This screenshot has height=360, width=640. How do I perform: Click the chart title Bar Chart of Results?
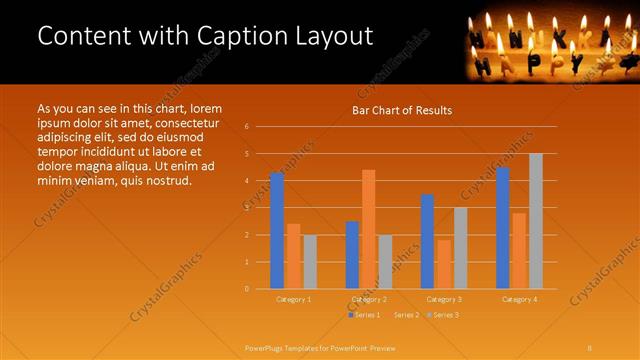pos(402,110)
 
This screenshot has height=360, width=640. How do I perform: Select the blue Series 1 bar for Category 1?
pos(277,230)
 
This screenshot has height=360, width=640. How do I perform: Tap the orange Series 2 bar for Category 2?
pos(369,229)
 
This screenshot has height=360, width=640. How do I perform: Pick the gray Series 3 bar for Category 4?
pos(536,221)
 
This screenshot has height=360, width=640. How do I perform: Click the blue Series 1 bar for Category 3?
pos(428,241)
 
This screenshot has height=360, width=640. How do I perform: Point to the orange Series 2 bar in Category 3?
pos(444,264)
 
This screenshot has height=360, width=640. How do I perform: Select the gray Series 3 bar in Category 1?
pos(310,262)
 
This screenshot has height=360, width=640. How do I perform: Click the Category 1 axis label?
pos(293,299)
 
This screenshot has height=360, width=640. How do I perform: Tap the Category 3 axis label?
pos(444,299)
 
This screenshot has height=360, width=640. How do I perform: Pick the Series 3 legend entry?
pos(443,315)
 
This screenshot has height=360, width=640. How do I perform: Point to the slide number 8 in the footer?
pos(590,347)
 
